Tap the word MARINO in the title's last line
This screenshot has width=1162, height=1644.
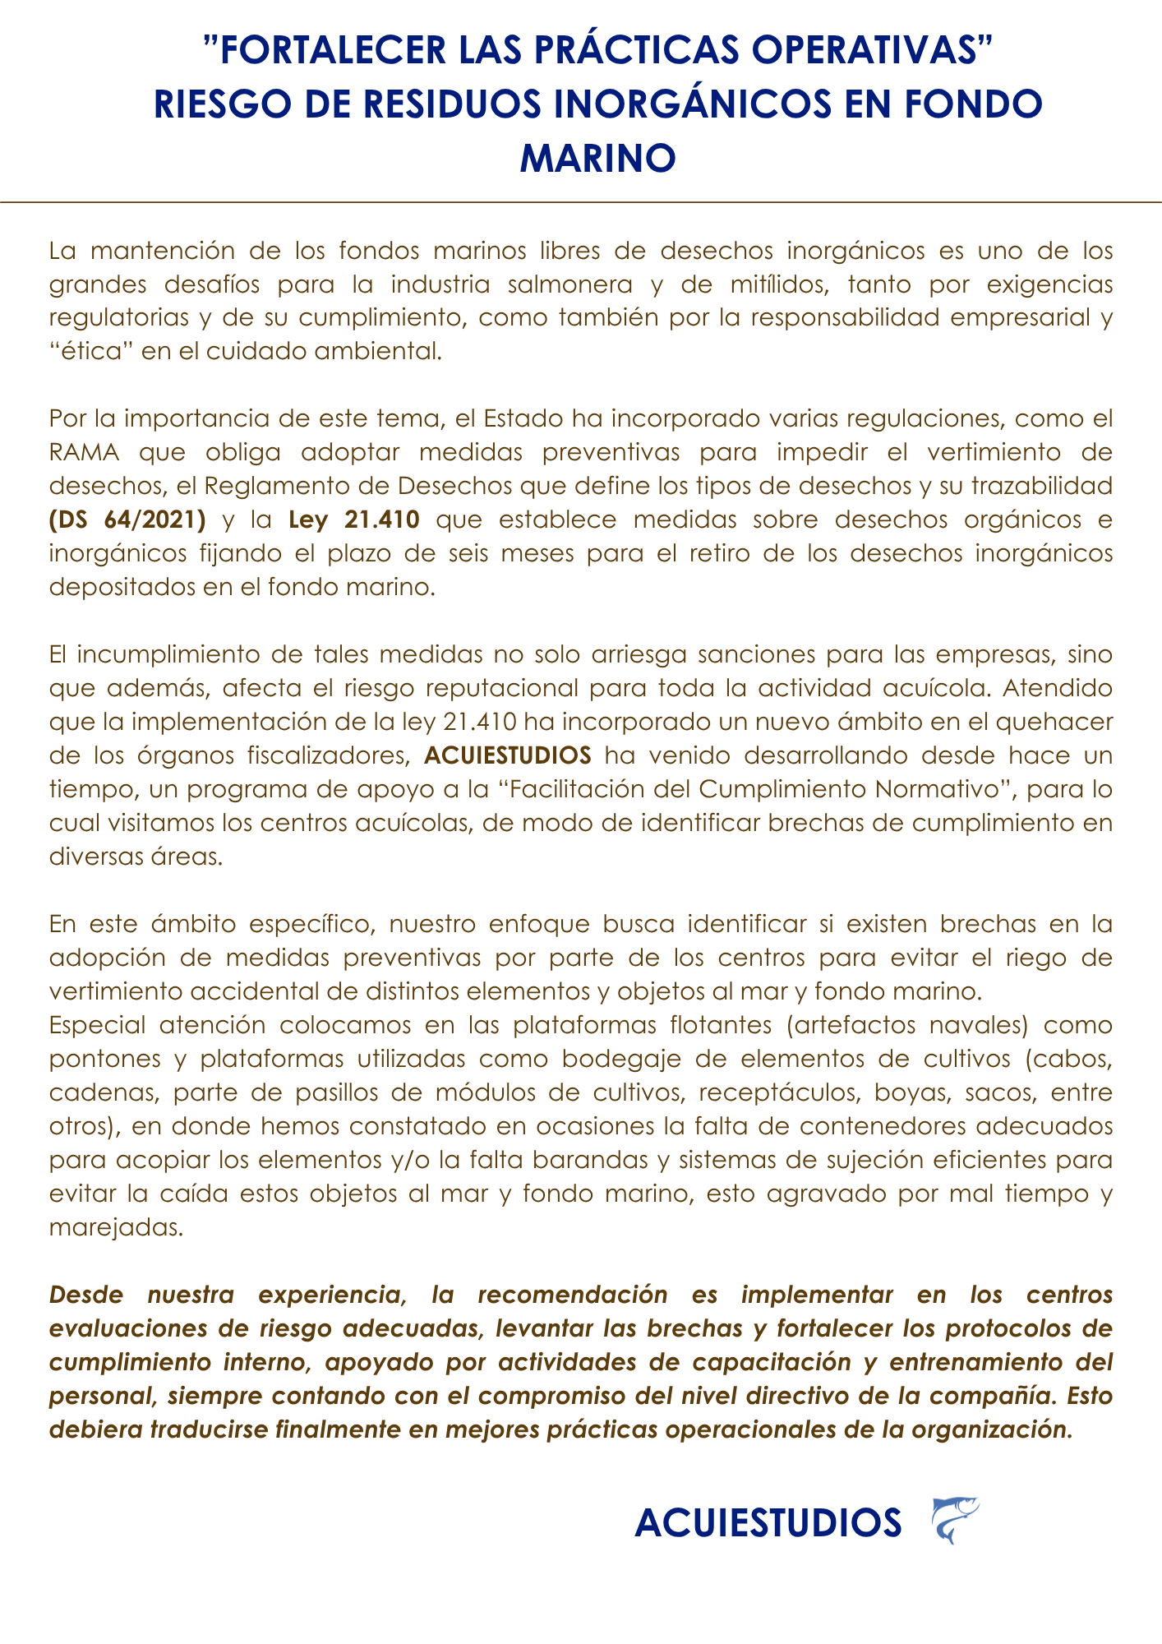coord(597,157)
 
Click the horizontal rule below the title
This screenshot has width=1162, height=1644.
coord(581,201)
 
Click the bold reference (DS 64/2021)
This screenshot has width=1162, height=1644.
coord(127,520)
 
